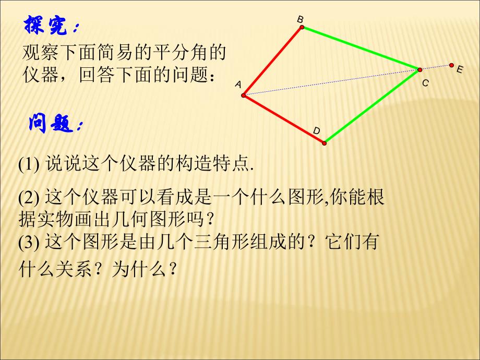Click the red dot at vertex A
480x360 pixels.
[244, 95]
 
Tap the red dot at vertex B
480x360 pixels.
[302, 27]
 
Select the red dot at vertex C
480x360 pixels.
[419, 69]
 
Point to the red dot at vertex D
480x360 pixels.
[324, 142]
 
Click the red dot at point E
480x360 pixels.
[452, 65]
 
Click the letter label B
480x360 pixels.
[300, 19]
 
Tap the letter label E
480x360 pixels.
[459, 69]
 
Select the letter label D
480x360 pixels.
[316, 130]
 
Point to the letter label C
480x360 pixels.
[425, 82]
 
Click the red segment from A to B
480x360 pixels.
[273, 61]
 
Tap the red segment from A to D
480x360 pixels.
[284, 119]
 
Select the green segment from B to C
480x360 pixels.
[361, 49]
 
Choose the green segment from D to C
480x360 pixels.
[372, 106]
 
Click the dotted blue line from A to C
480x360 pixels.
[331, 82]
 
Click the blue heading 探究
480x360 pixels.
[52, 26]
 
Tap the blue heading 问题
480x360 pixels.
[54, 124]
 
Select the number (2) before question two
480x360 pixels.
[29, 198]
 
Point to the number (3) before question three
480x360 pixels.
[29, 243]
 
